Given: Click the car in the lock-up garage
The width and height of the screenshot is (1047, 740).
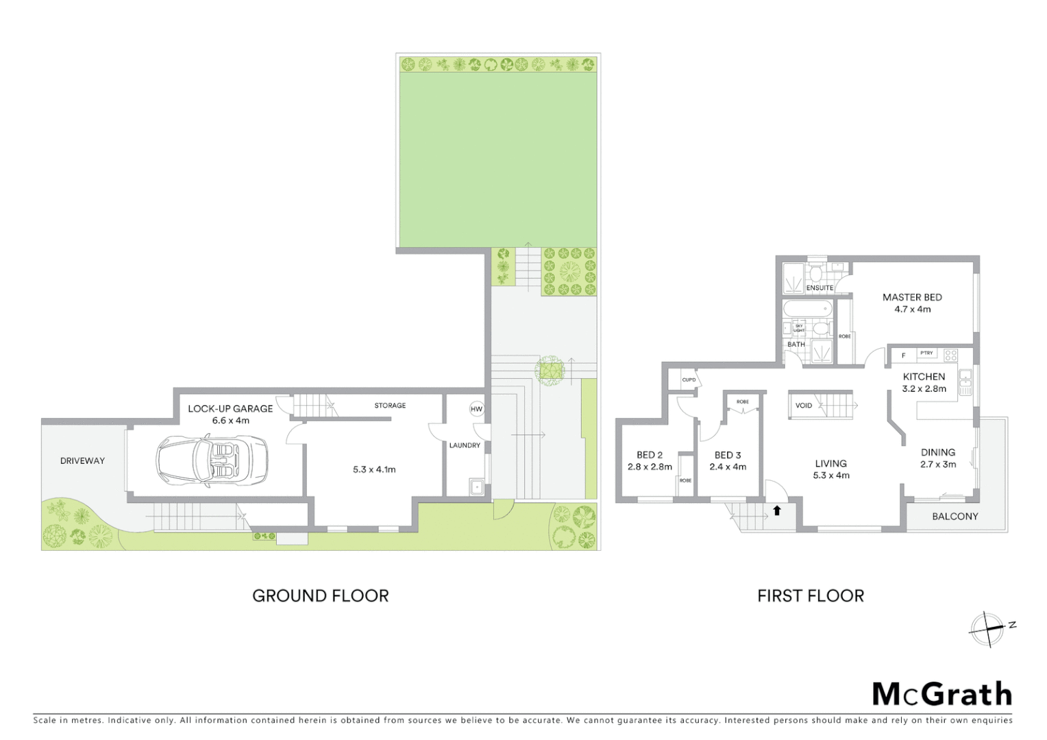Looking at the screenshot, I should (212, 461).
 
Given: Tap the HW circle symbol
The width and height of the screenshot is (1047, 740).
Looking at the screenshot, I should (476, 409).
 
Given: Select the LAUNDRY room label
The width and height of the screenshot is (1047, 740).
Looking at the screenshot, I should (465, 445).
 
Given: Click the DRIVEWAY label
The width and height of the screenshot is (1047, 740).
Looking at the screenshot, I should (82, 460).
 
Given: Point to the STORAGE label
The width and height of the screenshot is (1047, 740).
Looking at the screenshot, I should (390, 406).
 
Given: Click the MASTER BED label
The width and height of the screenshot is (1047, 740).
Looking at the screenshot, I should (912, 297).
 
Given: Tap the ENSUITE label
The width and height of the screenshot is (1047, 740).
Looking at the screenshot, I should (820, 288).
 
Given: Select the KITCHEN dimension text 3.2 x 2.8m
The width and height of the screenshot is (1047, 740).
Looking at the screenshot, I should (924, 388).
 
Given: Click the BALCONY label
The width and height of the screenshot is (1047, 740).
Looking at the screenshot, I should (954, 516).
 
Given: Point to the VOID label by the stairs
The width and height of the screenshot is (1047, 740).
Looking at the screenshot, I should (804, 406).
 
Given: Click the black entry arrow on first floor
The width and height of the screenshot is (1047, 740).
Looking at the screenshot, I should (777, 510).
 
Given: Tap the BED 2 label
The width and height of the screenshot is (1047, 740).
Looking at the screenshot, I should (650, 455).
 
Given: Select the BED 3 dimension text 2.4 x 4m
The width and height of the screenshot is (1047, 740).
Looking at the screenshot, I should (728, 467).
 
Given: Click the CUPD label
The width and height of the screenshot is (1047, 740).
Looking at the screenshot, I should (689, 380).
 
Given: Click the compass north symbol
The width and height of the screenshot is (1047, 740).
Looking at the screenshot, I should (987, 629).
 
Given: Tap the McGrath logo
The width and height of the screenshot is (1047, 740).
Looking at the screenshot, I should (941, 694).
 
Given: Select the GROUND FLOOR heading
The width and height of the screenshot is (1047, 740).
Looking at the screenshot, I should (320, 596).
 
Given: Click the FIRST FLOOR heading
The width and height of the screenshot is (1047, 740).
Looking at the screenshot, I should (811, 596).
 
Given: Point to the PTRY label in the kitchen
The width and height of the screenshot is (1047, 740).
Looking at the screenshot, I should (926, 354).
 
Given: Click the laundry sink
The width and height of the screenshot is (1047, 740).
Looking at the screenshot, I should (477, 487).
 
